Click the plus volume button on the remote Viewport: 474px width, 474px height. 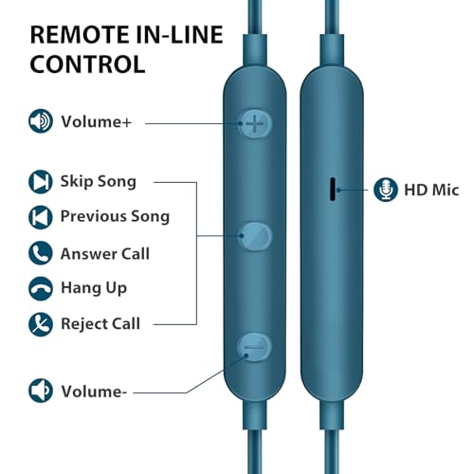click(255, 123)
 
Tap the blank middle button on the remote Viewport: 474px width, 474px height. click(255, 236)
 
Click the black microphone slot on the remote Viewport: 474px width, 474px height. click(333, 189)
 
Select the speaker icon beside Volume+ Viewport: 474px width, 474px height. click(41, 121)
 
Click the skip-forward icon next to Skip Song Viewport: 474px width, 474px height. click(41, 182)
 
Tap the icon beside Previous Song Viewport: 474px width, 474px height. click(41, 217)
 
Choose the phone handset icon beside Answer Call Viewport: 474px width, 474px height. click(41, 253)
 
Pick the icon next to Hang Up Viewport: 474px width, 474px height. click(41, 288)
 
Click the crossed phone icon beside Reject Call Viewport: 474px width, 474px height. click(41, 324)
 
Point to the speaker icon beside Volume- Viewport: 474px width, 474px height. click(41, 391)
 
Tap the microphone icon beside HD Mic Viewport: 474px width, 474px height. click(386, 190)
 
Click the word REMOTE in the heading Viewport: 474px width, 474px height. click(79, 34)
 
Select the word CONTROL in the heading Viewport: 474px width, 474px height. click(87, 64)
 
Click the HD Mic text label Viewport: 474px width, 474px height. click(431, 190)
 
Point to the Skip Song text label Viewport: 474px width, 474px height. click(99, 182)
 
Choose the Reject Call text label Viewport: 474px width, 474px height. click(100, 323)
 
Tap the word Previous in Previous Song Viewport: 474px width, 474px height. click(93, 216)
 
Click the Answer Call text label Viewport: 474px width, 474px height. click(105, 253)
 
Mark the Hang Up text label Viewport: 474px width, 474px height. click(94, 288)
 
